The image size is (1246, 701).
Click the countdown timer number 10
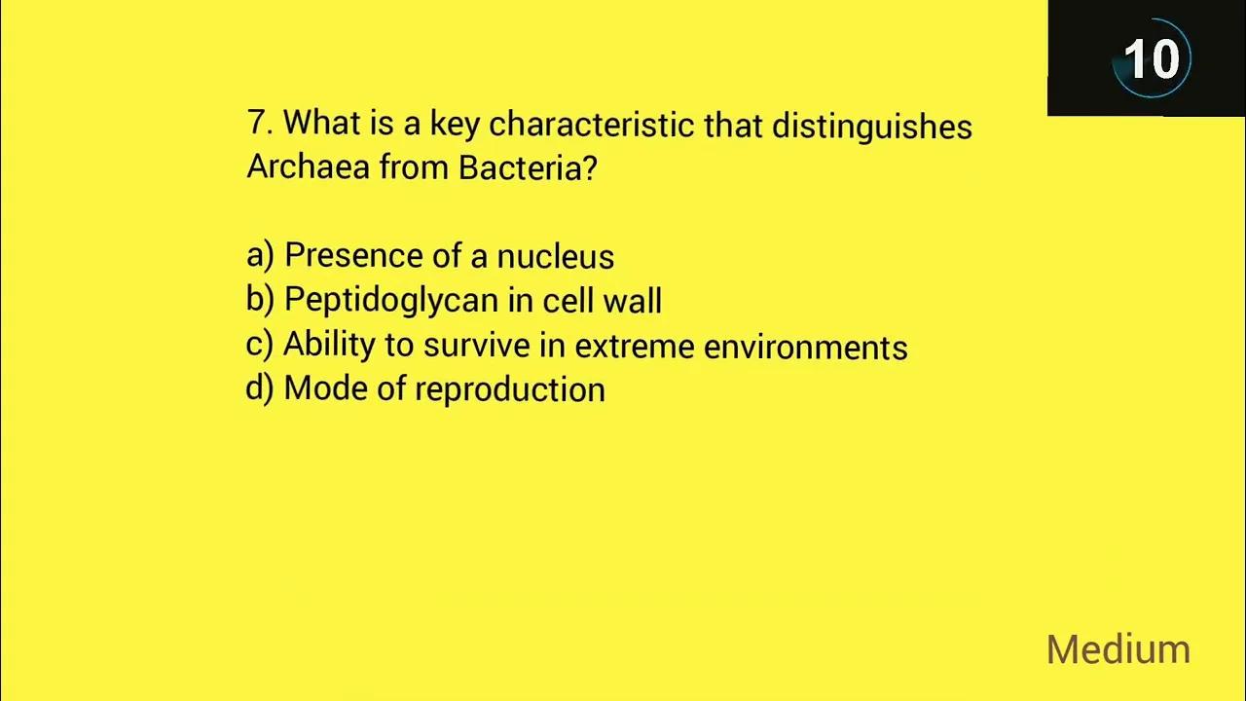tap(1152, 59)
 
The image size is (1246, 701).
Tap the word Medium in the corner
tap(1118, 649)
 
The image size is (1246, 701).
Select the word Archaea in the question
tap(308, 167)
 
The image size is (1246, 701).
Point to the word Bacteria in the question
tap(527, 167)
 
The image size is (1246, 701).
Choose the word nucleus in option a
tap(555, 256)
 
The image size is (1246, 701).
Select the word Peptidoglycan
tap(391, 301)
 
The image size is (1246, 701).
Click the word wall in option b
tap(632, 301)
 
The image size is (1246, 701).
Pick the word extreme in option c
tap(634, 347)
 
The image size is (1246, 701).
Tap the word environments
tap(805, 347)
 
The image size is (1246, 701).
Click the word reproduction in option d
tap(510, 390)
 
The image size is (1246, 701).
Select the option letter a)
tap(260, 256)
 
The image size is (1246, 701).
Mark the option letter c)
tap(260, 346)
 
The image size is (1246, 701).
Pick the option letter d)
tap(260, 389)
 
